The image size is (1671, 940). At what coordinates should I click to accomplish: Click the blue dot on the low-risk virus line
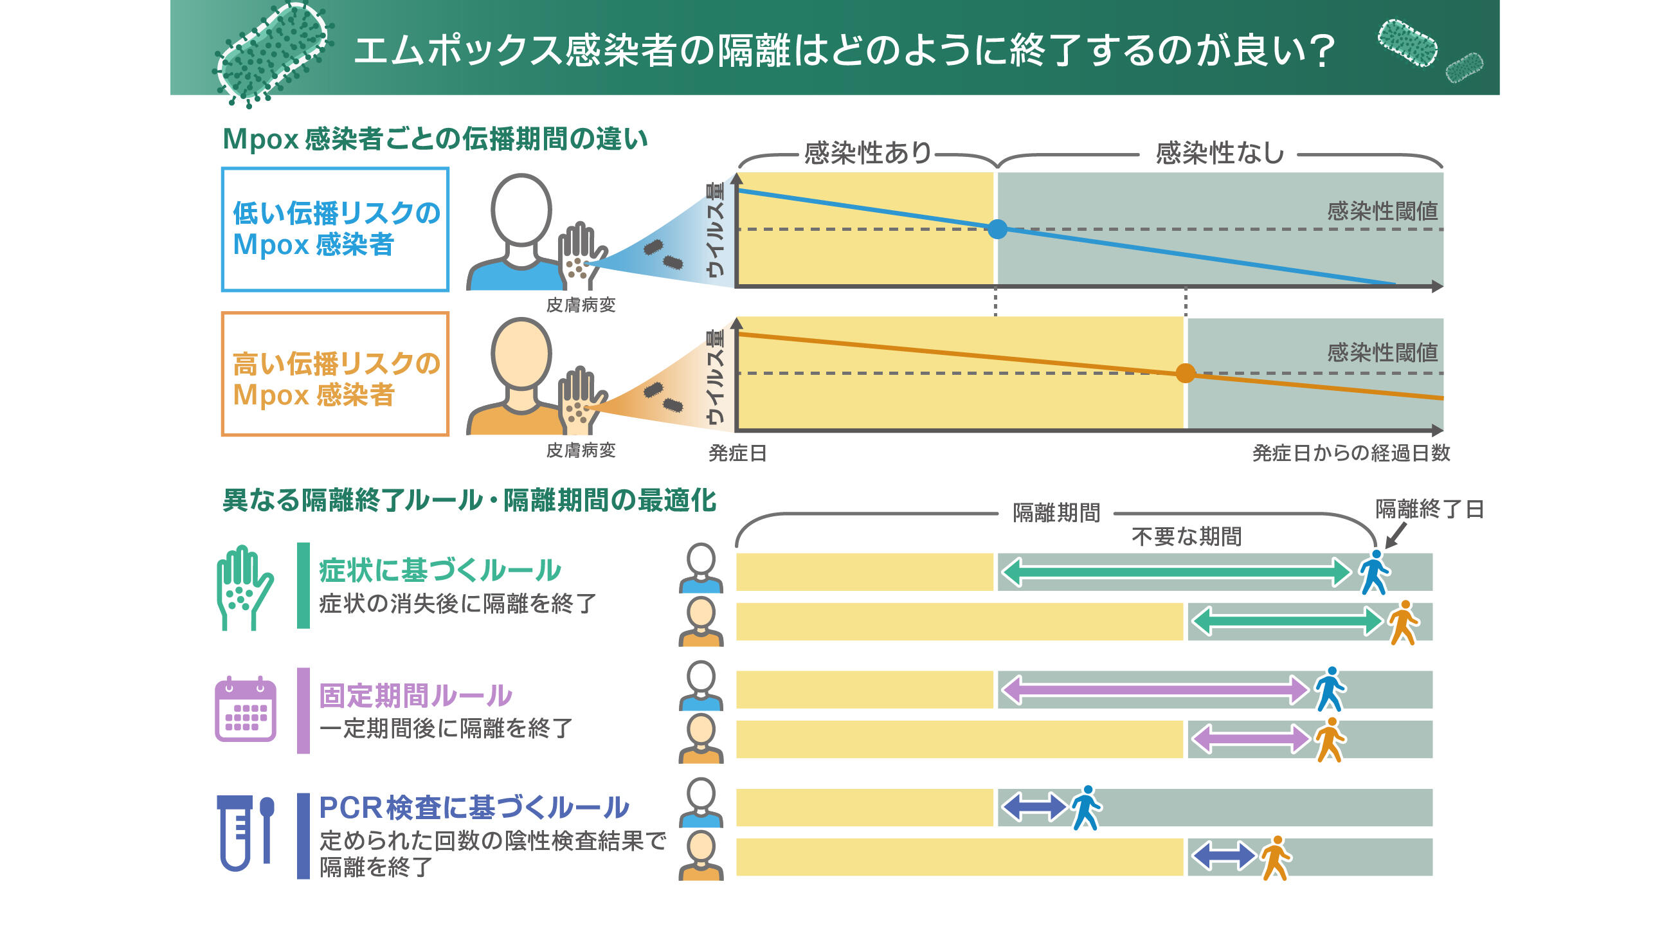coord(997,229)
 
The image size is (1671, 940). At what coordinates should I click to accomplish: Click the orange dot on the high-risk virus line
coord(1185,373)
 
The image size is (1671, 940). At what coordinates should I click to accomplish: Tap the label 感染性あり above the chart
coord(867,153)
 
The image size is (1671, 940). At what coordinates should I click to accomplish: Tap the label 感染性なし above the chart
coord(1220,153)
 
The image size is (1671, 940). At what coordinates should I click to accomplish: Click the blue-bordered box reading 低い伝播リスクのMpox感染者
coord(335,229)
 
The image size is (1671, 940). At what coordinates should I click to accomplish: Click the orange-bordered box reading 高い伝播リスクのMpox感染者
coord(335,374)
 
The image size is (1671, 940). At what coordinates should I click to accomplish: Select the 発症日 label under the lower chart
coord(737,453)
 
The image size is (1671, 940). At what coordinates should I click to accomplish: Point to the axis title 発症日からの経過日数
coord(1351,453)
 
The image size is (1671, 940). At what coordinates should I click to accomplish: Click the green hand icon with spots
coord(243,587)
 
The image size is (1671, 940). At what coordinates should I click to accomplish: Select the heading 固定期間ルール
coord(415,696)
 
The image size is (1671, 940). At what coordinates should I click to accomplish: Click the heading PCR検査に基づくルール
coord(474,808)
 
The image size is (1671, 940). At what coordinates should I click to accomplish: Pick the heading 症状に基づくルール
coord(440,570)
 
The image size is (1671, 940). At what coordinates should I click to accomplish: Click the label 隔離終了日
coord(1429,509)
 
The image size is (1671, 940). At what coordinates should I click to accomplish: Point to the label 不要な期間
coord(1186,536)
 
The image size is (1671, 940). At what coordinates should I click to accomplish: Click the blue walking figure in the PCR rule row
coord(1086,808)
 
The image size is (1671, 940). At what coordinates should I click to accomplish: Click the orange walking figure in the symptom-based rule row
coord(1403,622)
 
